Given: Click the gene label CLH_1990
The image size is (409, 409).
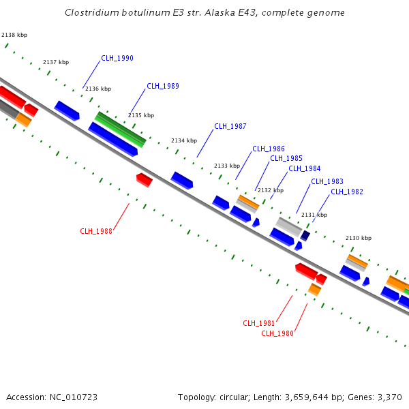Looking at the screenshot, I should click(117, 58).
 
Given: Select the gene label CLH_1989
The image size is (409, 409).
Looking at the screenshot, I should click(163, 86).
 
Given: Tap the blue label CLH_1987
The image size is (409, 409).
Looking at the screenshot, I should click(230, 126).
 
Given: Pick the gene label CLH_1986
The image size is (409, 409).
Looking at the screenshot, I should click(269, 149).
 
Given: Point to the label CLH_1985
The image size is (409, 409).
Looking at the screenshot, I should click(286, 158).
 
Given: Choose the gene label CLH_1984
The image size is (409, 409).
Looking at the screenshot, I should click(304, 168).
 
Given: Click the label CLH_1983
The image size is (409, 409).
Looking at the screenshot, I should click(327, 181).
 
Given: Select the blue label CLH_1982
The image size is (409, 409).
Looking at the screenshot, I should click(347, 192).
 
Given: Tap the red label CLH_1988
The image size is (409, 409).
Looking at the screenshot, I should click(96, 231).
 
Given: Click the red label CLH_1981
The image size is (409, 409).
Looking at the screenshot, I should click(259, 323).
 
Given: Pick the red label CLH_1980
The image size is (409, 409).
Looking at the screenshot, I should click(277, 333).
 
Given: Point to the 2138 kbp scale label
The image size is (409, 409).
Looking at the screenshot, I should click(14, 34).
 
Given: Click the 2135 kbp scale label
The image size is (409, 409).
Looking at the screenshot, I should click(141, 115).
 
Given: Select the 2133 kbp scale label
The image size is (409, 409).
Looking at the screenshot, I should click(227, 166).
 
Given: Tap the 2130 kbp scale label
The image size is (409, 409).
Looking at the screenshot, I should click(359, 238).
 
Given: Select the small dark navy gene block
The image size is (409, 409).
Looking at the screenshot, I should click(305, 236).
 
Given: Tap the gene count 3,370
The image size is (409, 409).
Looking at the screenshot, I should click(389, 397).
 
